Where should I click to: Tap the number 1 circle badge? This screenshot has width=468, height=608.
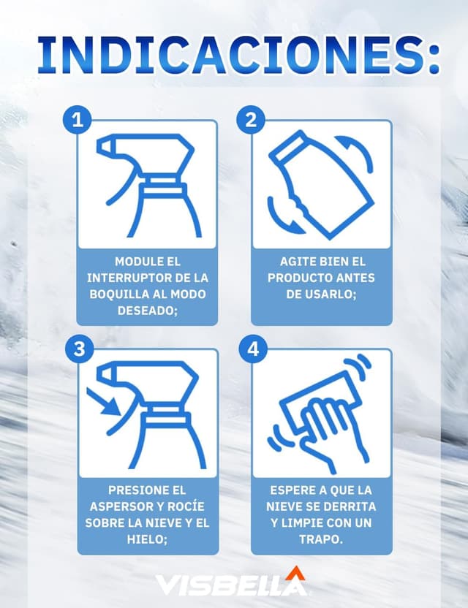click(78, 119)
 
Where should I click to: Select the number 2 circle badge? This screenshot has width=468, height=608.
click(252, 119)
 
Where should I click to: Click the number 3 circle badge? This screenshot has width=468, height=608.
click(80, 349)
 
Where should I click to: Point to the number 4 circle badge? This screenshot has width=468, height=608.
click(253, 349)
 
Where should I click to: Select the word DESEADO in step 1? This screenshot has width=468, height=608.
click(146, 311)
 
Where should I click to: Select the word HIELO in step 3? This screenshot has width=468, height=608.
click(145, 539)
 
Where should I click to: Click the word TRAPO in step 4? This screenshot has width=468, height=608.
click(320, 539)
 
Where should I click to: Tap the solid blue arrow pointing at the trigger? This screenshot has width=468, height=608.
click(104, 402)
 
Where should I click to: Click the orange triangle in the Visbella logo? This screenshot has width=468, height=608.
click(295, 573)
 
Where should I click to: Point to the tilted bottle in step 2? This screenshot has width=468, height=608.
click(321, 185)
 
